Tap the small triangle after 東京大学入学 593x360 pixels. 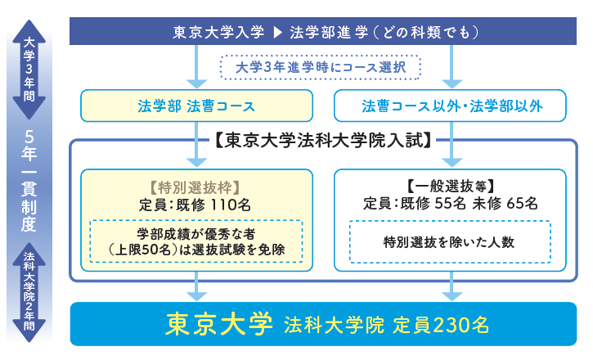276,33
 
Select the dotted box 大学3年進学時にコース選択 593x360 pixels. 320,67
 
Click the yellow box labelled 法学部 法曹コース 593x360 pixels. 197,106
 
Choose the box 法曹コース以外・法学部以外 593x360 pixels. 451,106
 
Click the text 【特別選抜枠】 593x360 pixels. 196,184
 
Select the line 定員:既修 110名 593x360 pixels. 196,202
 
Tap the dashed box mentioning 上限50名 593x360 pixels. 196,241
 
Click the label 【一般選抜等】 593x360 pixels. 451,184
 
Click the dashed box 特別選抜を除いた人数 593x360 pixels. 451,241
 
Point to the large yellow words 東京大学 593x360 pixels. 218,323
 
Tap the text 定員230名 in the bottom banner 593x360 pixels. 440,324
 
